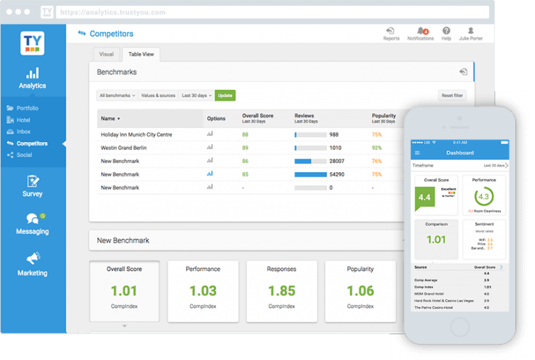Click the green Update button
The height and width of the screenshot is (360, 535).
point(225,95)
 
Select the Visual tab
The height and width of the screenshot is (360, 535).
point(106,54)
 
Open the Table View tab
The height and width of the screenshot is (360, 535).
point(141,54)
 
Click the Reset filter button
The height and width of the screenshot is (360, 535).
point(451,95)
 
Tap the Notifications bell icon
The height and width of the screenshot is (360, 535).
point(421,31)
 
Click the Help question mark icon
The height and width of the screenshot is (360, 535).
point(446,31)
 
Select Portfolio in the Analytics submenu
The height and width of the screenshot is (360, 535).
point(28,108)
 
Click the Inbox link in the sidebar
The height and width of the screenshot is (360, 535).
point(24,132)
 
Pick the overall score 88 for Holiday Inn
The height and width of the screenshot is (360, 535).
point(245,134)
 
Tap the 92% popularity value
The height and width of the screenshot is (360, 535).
point(377,148)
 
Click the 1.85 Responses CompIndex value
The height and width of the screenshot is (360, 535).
point(281,290)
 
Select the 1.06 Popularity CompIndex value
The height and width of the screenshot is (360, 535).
point(360,290)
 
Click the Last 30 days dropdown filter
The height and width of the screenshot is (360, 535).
point(196,95)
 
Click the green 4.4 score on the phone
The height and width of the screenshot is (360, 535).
point(424,198)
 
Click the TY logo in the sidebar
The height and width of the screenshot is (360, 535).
point(32,44)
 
